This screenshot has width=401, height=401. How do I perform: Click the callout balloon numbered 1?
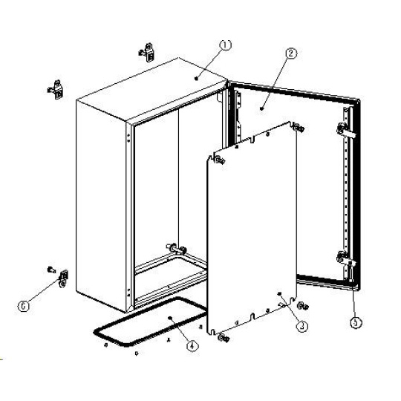[225, 45]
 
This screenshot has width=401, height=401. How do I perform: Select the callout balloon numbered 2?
[292, 53]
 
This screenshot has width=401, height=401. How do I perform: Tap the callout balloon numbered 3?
[302, 326]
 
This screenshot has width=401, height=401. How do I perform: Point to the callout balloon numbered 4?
[193, 346]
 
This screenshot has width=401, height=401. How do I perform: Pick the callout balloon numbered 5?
[356, 323]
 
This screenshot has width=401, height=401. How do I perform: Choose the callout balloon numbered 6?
[24, 306]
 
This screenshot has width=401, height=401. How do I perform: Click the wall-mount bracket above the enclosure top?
[147, 53]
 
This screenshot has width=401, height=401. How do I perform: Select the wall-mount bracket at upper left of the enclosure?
[56, 89]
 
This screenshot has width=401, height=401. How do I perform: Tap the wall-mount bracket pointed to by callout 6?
[63, 278]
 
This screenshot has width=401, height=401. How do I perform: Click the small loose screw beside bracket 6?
[51, 270]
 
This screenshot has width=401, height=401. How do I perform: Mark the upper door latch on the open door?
[345, 130]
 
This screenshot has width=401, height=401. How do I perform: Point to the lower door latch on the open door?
[345, 258]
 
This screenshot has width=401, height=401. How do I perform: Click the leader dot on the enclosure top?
[196, 78]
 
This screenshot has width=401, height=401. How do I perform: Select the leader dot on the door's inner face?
[261, 108]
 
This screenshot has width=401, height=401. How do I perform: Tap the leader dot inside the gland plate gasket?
[170, 318]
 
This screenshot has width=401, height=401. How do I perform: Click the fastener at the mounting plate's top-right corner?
[299, 128]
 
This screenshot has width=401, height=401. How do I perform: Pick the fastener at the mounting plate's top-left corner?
[221, 160]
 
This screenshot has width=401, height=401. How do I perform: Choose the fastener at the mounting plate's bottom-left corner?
[224, 338]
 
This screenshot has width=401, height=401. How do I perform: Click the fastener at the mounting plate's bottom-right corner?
[303, 305]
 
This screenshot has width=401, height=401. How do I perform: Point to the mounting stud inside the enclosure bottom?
[177, 248]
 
